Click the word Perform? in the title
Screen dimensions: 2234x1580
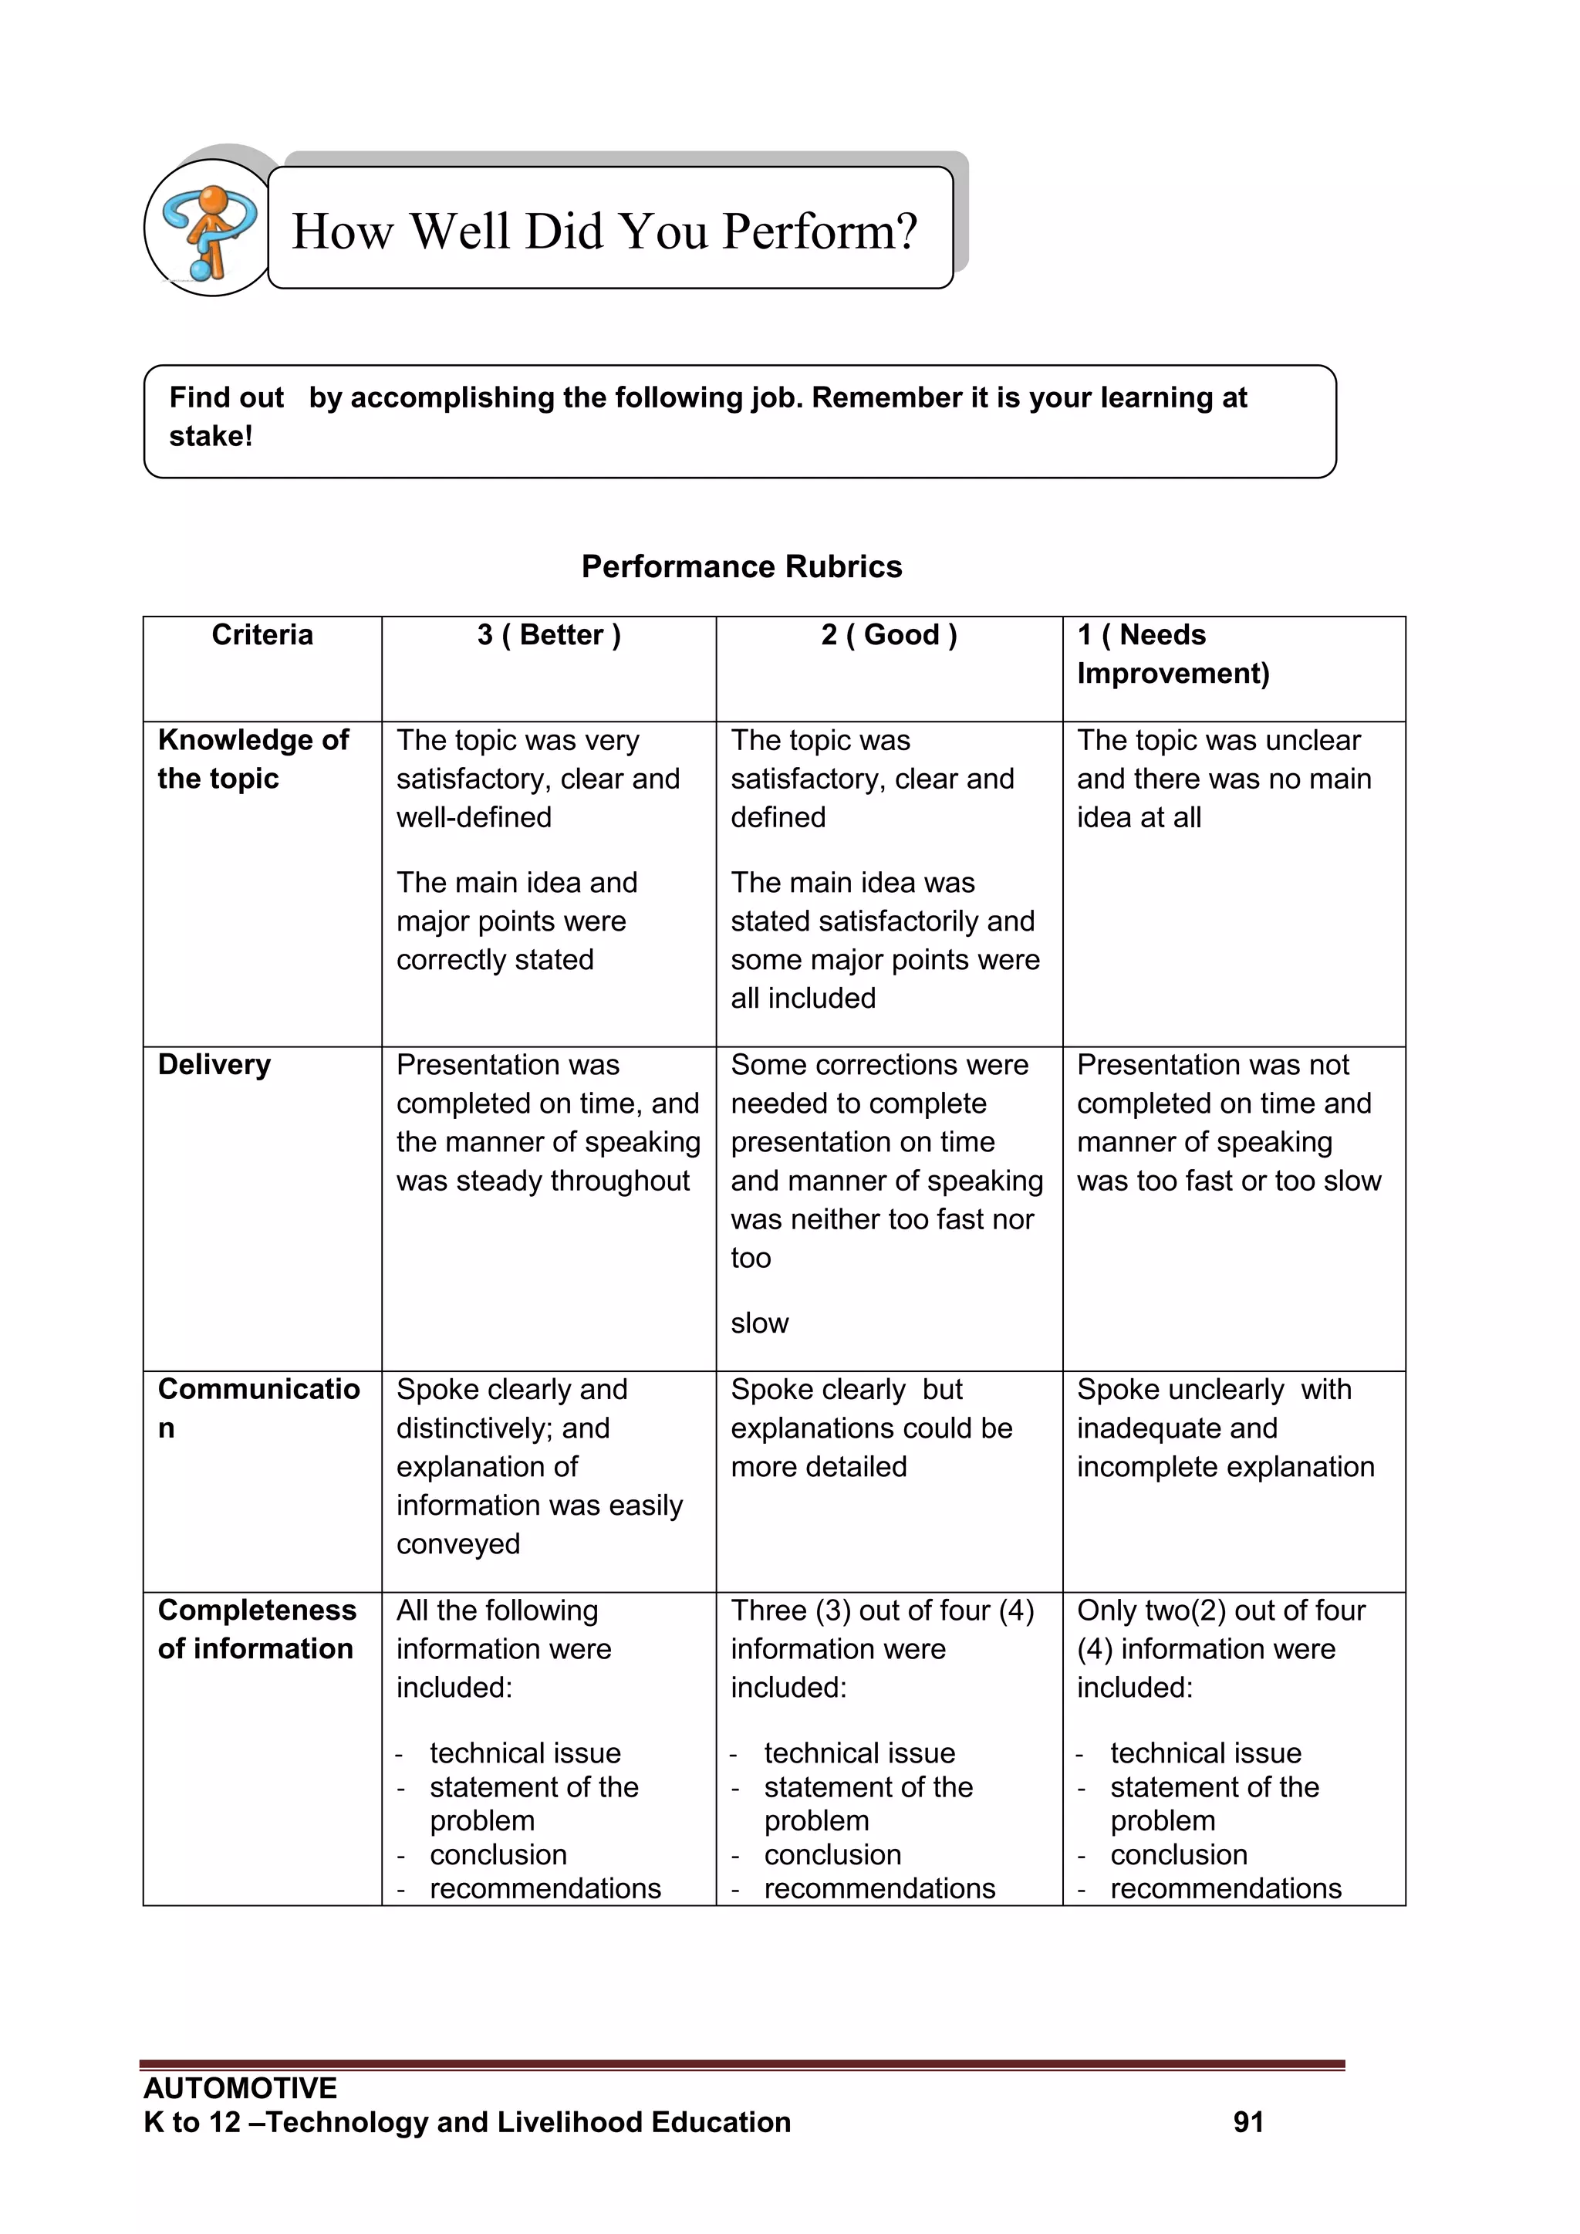[819, 232]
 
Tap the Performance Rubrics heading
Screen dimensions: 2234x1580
[741, 566]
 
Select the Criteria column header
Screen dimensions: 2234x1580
[262, 635]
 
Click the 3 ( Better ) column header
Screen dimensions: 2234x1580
[549, 635]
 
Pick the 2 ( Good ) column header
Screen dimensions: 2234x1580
[888, 635]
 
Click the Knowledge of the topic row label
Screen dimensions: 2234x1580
[252, 759]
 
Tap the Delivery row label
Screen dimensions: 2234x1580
[214, 1064]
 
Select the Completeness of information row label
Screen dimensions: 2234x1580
[256, 1629]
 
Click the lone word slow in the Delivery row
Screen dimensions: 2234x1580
[759, 1323]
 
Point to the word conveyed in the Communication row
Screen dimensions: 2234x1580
[457, 1544]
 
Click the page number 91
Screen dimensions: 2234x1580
[1247, 2122]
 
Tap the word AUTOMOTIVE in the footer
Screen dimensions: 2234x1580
[239, 2088]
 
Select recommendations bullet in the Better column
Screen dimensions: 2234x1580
[545, 1888]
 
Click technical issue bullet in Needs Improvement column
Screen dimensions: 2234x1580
[1204, 1753]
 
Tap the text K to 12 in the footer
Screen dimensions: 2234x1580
[191, 2122]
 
